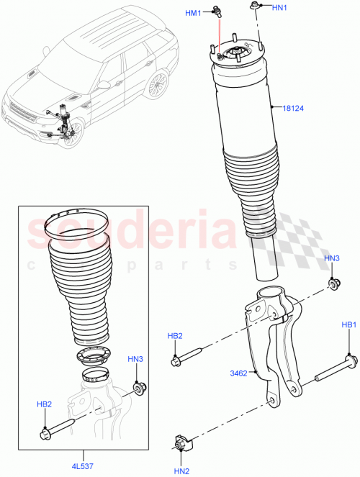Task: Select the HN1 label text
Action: point(279,8)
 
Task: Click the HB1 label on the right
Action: point(349,326)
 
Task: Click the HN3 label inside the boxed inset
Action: point(135,358)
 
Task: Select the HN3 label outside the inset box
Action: point(331,258)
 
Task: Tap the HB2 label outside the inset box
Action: point(175,335)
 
